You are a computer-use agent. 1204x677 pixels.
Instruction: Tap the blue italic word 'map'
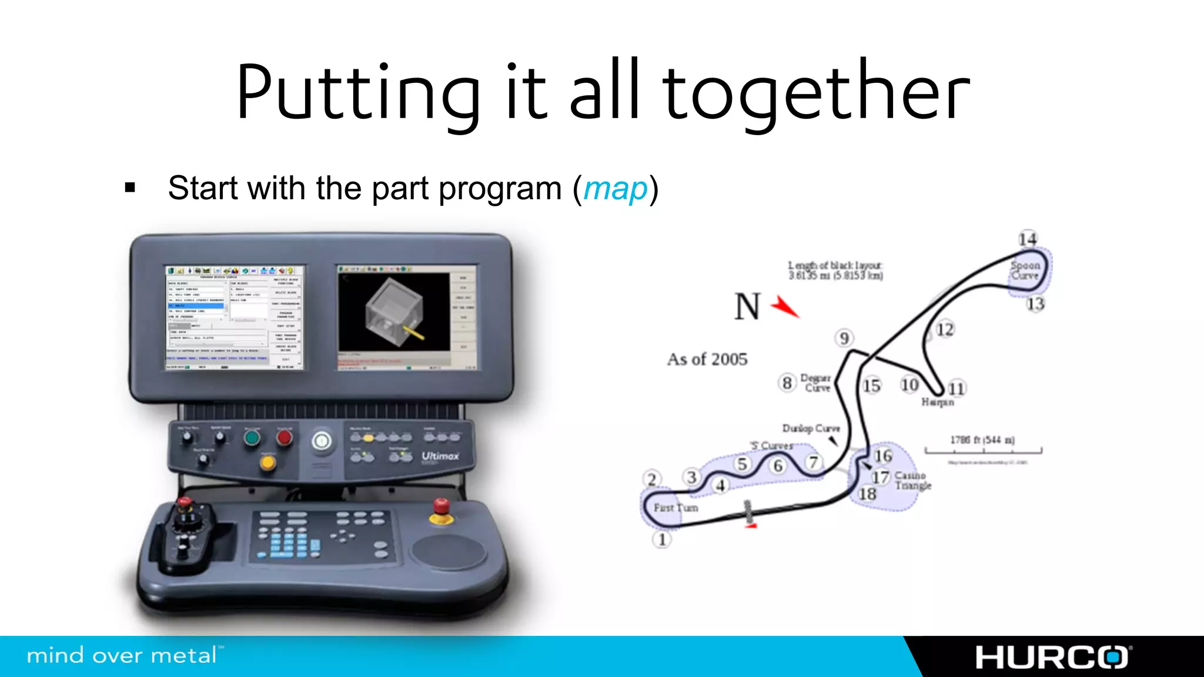coord(616,189)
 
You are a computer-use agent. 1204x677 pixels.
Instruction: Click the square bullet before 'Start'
coord(130,188)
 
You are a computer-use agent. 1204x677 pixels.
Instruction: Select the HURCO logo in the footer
coord(1053,657)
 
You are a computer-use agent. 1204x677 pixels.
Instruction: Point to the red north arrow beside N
coord(785,306)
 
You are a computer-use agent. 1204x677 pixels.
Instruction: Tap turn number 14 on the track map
coord(1028,239)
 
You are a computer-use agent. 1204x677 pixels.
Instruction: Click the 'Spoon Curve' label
coord(1025,270)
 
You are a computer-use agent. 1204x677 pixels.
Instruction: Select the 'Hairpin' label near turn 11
coord(937,402)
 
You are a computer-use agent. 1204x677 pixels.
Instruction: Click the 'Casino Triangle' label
coord(912,480)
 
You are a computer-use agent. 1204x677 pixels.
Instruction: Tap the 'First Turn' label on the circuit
coord(675,507)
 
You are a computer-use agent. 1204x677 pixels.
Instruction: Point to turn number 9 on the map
coord(844,338)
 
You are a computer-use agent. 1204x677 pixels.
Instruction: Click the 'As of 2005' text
coord(707,359)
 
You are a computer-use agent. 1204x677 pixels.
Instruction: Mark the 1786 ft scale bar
coord(983,450)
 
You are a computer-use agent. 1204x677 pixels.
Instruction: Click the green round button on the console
coord(252,438)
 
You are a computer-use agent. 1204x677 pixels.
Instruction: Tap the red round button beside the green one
coord(285,437)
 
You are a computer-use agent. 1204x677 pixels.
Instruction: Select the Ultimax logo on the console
coord(440,456)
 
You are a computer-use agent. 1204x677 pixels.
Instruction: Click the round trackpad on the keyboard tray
coord(448,551)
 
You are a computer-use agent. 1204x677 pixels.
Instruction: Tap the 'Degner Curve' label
coord(816,383)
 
